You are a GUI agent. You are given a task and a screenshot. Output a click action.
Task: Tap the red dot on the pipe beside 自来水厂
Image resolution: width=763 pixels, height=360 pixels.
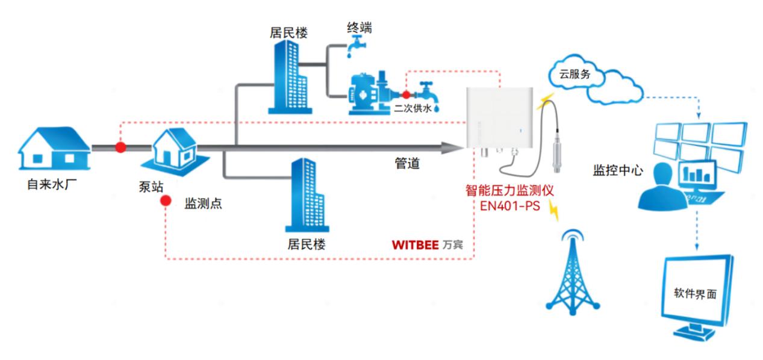120,147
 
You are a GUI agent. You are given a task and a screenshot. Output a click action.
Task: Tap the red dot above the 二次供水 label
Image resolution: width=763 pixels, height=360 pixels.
406,95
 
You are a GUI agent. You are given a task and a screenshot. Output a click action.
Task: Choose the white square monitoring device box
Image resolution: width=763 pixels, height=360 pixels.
499,117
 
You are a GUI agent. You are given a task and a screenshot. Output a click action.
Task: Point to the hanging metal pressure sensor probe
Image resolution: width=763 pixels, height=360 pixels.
557,157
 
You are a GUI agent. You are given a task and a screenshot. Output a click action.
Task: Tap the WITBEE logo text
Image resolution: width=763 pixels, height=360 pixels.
415,245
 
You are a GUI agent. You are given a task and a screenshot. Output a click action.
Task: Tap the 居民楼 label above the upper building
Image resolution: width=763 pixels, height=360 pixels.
288,33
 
